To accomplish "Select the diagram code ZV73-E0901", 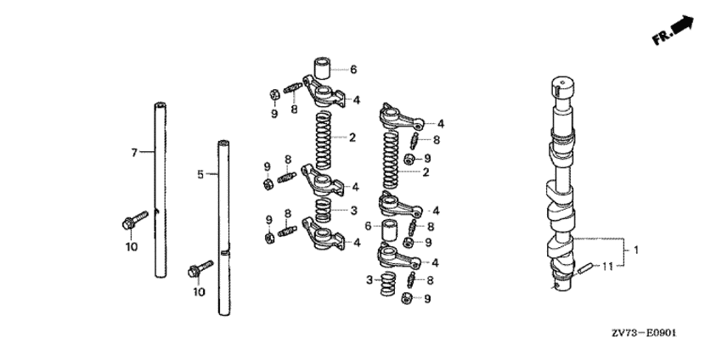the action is (x=645, y=333).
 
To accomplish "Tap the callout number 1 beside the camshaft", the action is (x=636, y=250).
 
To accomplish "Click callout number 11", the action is (x=608, y=266).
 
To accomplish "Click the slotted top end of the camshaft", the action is (x=563, y=84).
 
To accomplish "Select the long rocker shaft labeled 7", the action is (x=160, y=190).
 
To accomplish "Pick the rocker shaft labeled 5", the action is (x=223, y=228).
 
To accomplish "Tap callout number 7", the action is (x=134, y=152).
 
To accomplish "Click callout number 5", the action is (x=200, y=174).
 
